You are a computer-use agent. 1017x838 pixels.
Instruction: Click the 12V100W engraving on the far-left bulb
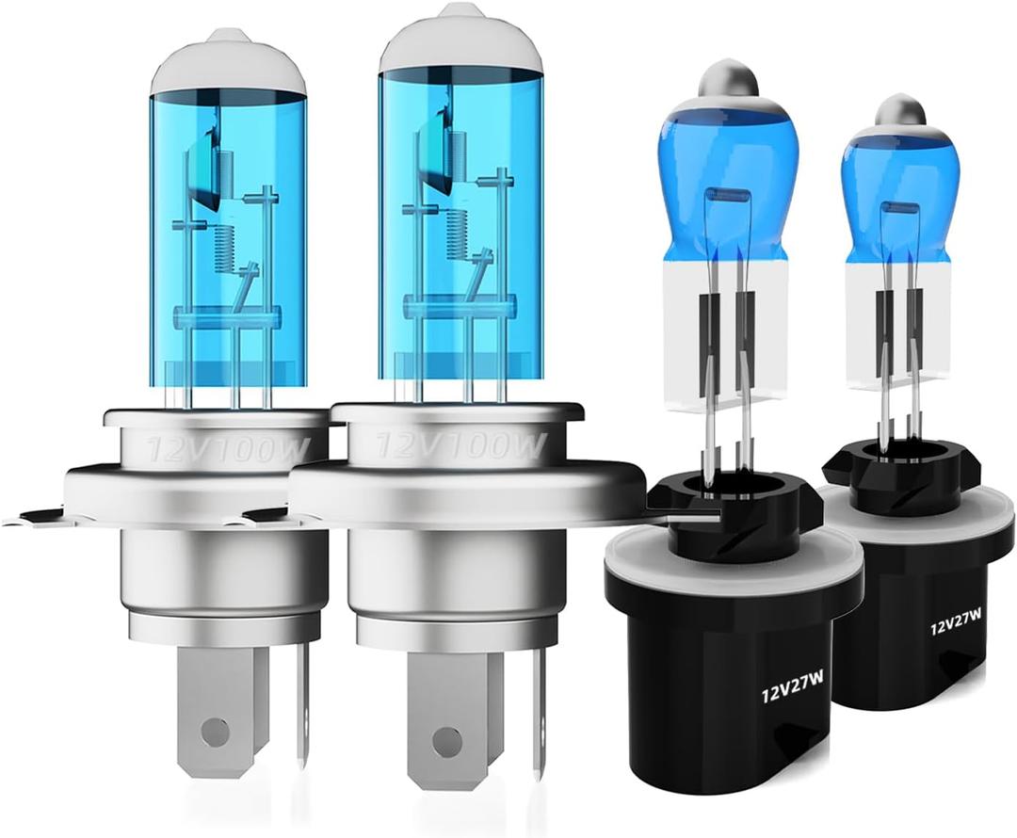pyautogui.click(x=227, y=450)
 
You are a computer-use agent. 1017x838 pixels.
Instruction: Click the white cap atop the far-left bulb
pyautogui.click(x=228, y=61)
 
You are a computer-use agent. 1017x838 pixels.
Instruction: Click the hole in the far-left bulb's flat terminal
pyautogui.click(x=216, y=727)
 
